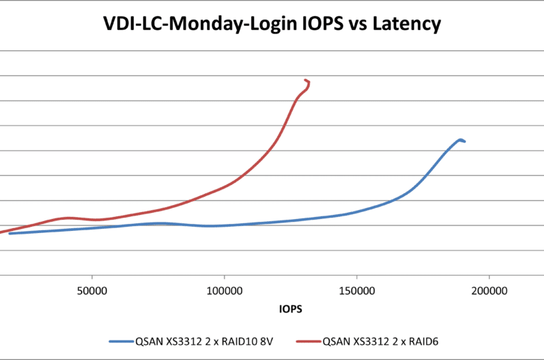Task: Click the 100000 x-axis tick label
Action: [x=225, y=289]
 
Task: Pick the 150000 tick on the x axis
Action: [x=356, y=289]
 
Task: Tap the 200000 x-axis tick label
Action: [x=488, y=289]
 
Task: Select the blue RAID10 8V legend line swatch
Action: [x=125, y=343]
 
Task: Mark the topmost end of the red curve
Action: [x=305, y=80]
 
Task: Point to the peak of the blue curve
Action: [x=460, y=140]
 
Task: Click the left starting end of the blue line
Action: [x=9, y=233]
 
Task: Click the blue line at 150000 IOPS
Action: [x=356, y=211]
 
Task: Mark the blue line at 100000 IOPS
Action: [x=225, y=225]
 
